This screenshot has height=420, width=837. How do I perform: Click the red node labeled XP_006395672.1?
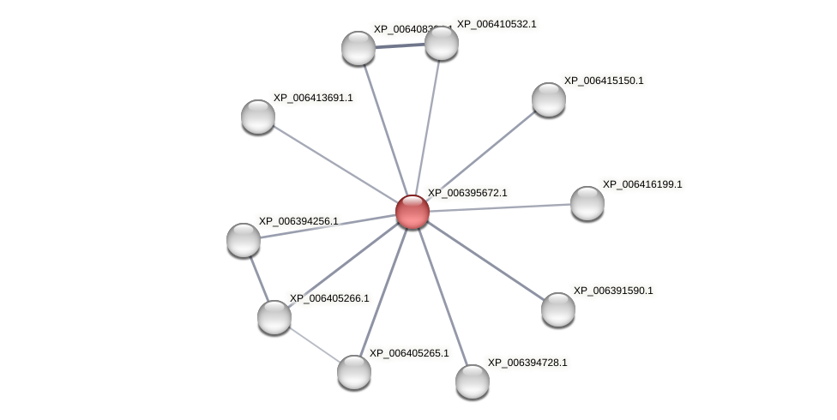(x=412, y=212)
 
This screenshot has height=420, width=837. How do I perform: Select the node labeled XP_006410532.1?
(x=442, y=43)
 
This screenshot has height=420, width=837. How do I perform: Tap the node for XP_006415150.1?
(x=549, y=99)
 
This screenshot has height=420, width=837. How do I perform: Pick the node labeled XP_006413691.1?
(x=258, y=117)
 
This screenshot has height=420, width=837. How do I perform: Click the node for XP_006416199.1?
(x=587, y=203)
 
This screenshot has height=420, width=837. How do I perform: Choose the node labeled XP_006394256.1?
(x=244, y=240)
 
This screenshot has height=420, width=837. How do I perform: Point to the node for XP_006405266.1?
(x=274, y=317)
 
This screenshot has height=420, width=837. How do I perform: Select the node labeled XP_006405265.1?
(x=354, y=372)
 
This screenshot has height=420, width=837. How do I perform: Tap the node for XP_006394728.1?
(x=473, y=381)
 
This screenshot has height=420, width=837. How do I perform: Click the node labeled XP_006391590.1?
(x=558, y=309)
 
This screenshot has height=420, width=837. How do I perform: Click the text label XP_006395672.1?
(x=467, y=193)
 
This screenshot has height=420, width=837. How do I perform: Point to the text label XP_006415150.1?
(x=604, y=81)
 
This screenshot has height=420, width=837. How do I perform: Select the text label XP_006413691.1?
(x=313, y=98)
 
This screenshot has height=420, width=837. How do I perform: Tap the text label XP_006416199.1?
(x=642, y=184)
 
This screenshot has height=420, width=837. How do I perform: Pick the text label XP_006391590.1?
(x=613, y=291)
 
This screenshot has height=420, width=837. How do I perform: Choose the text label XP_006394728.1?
(x=527, y=363)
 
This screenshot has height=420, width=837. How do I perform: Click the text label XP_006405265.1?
(x=409, y=353)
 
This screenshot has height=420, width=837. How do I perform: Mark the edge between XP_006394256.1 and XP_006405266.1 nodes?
(x=258, y=278)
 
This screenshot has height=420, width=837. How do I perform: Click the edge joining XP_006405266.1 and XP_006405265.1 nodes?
(x=314, y=345)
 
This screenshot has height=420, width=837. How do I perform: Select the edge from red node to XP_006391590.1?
(x=485, y=261)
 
